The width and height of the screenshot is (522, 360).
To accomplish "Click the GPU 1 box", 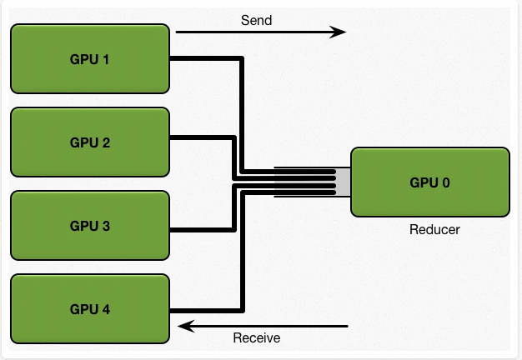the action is [x=90, y=58].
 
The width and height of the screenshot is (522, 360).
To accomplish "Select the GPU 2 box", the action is [x=90, y=142].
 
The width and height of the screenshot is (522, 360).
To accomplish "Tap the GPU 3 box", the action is [x=90, y=225].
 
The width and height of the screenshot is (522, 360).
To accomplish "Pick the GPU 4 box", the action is [x=90, y=309].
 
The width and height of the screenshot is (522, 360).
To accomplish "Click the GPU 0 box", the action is [x=430, y=182].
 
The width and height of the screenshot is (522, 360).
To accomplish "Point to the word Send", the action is [x=256, y=20].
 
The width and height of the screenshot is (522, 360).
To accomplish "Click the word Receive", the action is [x=256, y=337].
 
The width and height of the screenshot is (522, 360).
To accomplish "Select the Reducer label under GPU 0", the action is [x=434, y=229].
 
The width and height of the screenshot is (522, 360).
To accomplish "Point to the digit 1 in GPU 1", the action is [x=106, y=59].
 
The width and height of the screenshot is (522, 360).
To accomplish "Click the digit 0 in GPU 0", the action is [x=445, y=182].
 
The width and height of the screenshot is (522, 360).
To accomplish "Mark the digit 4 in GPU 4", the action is [x=106, y=309].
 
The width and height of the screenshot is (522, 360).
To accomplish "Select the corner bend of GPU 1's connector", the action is [x=242, y=58].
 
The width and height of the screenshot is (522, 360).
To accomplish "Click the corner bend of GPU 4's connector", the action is [x=243, y=311].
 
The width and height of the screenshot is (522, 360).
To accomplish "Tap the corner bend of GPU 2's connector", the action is [x=234, y=137].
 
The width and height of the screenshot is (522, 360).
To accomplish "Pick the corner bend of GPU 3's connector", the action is [x=234, y=230].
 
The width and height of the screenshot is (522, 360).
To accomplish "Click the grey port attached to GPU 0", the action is [x=343, y=182].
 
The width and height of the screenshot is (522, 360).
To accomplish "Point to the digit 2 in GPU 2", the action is [x=106, y=142].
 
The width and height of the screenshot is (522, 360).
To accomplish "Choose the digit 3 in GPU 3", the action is [x=106, y=226].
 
